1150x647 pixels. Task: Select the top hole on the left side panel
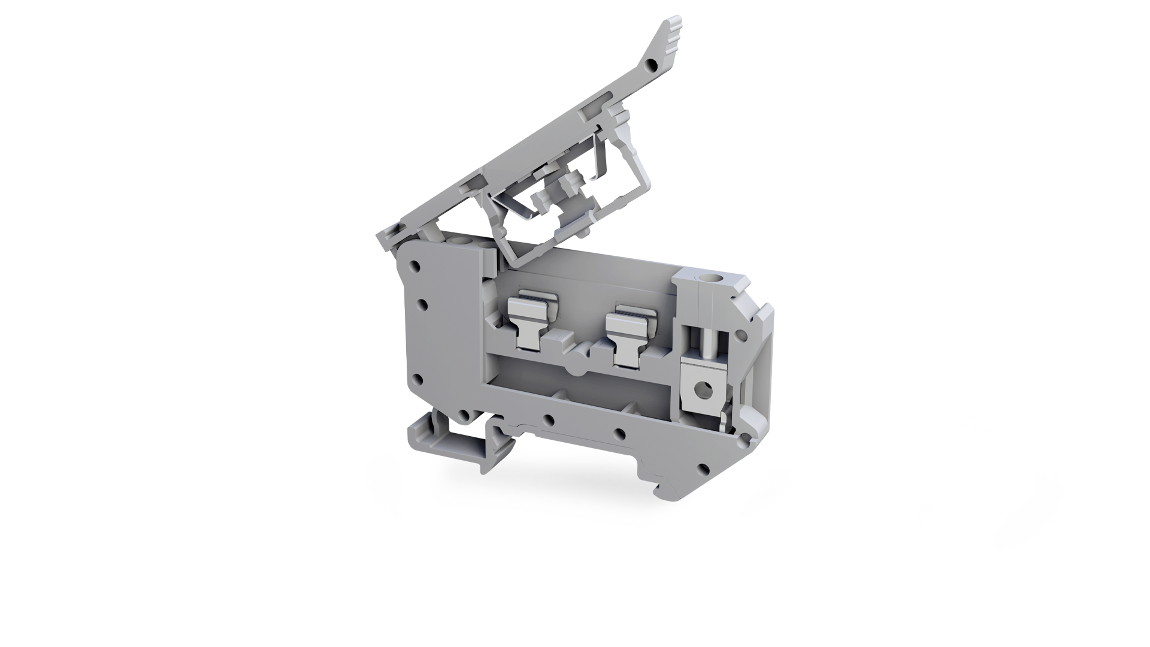click(412, 264)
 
